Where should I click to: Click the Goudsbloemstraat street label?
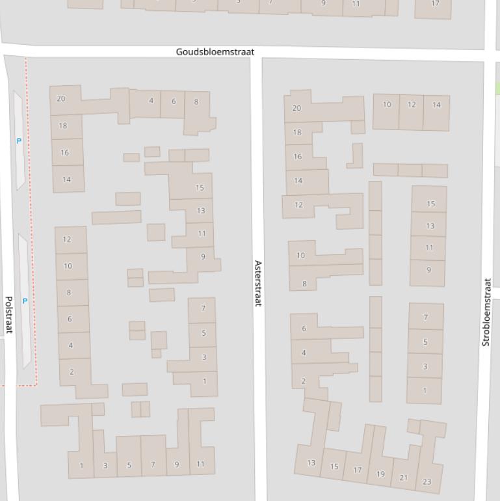[215, 51]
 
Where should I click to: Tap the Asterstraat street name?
[257, 284]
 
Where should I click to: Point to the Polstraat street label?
[9, 315]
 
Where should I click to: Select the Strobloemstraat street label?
[486, 312]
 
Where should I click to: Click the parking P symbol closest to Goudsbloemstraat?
[19, 141]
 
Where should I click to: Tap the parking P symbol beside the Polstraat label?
[25, 301]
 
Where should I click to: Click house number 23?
[427, 481]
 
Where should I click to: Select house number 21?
[404, 478]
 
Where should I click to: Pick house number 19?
[380, 474]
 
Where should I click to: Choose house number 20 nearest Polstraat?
[61, 99]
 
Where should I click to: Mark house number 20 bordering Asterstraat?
[296, 108]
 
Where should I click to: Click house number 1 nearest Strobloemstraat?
[425, 390]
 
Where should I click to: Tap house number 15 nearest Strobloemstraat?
[430, 204]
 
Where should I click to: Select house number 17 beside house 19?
[357, 470]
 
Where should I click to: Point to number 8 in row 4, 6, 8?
[196, 102]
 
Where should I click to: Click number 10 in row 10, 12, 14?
[387, 104]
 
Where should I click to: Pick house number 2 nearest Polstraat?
[72, 372]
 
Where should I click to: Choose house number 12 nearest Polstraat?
[67, 239]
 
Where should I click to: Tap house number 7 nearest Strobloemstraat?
[426, 318]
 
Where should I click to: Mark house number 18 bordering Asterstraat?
[297, 132]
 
